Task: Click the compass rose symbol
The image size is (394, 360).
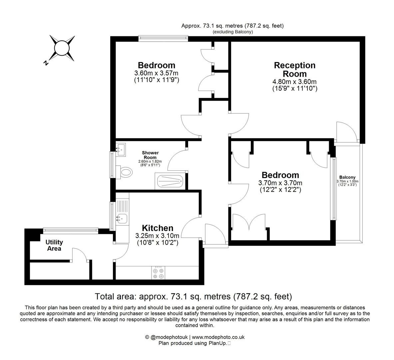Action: point(62,48)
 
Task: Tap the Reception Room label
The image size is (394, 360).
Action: point(294,69)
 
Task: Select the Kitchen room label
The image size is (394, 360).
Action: point(158,228)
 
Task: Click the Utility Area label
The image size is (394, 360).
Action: point(54,245)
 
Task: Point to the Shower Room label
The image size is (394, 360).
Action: point(151,155)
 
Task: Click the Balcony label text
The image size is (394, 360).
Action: point(347,177)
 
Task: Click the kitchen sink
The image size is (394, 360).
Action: point(121,219)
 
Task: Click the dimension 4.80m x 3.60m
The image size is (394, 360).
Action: point(294,82)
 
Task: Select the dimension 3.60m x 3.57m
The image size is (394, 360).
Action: point(156,73)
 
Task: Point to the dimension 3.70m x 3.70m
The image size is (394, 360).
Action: point(280,183)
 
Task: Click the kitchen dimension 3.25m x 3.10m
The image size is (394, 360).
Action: point(157,236)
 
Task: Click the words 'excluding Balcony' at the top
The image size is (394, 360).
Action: point(233,32)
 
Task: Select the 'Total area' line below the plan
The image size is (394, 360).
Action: point(193,296)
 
